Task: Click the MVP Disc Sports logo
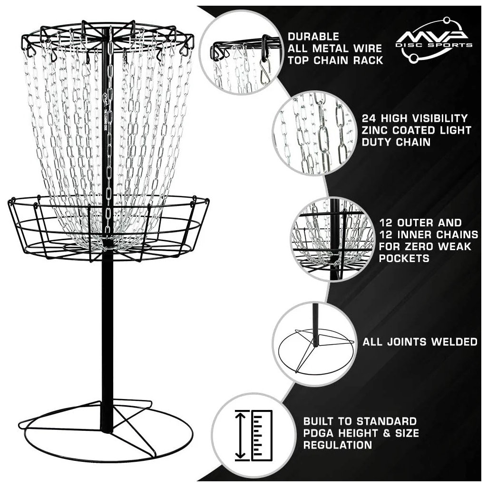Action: (x=434, y=40)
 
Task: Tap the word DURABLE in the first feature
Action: (x=313, y=37)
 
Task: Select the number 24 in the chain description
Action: (x=369, y=118)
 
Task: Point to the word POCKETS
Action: (x=404, y=258)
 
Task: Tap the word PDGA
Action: (x=318, y=433)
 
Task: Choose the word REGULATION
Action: (x=338, y=445)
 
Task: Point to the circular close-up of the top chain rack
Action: (x=241, y=52)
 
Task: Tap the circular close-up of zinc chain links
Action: (x=315, y=133)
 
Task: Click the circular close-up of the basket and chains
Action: (x=332, y=239)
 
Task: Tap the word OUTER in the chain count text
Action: (x=414, y=223)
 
